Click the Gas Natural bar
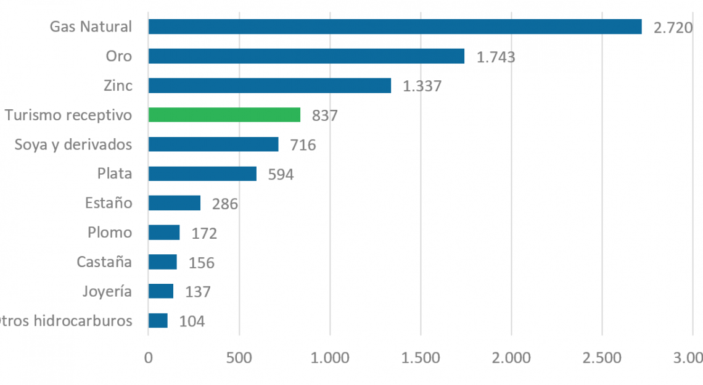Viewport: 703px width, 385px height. (395, 27)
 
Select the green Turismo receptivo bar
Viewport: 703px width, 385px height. (224, 115)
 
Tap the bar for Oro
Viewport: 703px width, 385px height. (306, 56)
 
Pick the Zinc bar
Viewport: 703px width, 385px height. (269, 85)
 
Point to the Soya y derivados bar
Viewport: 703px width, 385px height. (213, 144)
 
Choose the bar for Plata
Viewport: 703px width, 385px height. (202, 173)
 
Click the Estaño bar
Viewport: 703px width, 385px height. (175, 203)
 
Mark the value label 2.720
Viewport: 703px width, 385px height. (673, 28)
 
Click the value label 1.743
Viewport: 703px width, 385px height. (496, 57)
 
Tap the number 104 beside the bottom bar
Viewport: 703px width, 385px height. (192, 321)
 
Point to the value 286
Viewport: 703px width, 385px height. (224, 204)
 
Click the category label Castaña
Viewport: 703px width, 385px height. (104, 262)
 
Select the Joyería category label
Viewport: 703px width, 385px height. (107, 291)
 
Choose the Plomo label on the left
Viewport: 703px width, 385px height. (110, 233)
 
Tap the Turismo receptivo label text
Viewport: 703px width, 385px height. (68, 115)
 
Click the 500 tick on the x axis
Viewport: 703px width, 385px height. (239, 358)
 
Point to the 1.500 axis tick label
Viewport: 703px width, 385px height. (421, 358)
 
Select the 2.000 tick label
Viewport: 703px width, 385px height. (511, 358)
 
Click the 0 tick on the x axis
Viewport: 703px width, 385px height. (149, 358)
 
